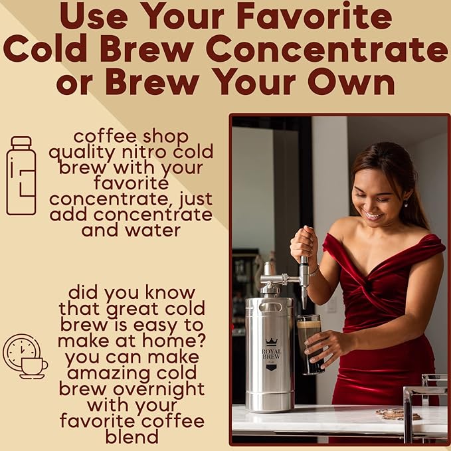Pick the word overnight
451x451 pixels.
(x=165, y=389)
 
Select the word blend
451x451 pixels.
(x=132, y=436)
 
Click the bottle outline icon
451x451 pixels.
(x=21, y=175)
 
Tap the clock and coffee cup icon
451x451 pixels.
(x=25, y=356)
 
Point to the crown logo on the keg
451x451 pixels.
(x=270, y=342)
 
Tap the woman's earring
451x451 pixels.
(x=406, y=203)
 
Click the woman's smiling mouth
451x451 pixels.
(x=373, y=215)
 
